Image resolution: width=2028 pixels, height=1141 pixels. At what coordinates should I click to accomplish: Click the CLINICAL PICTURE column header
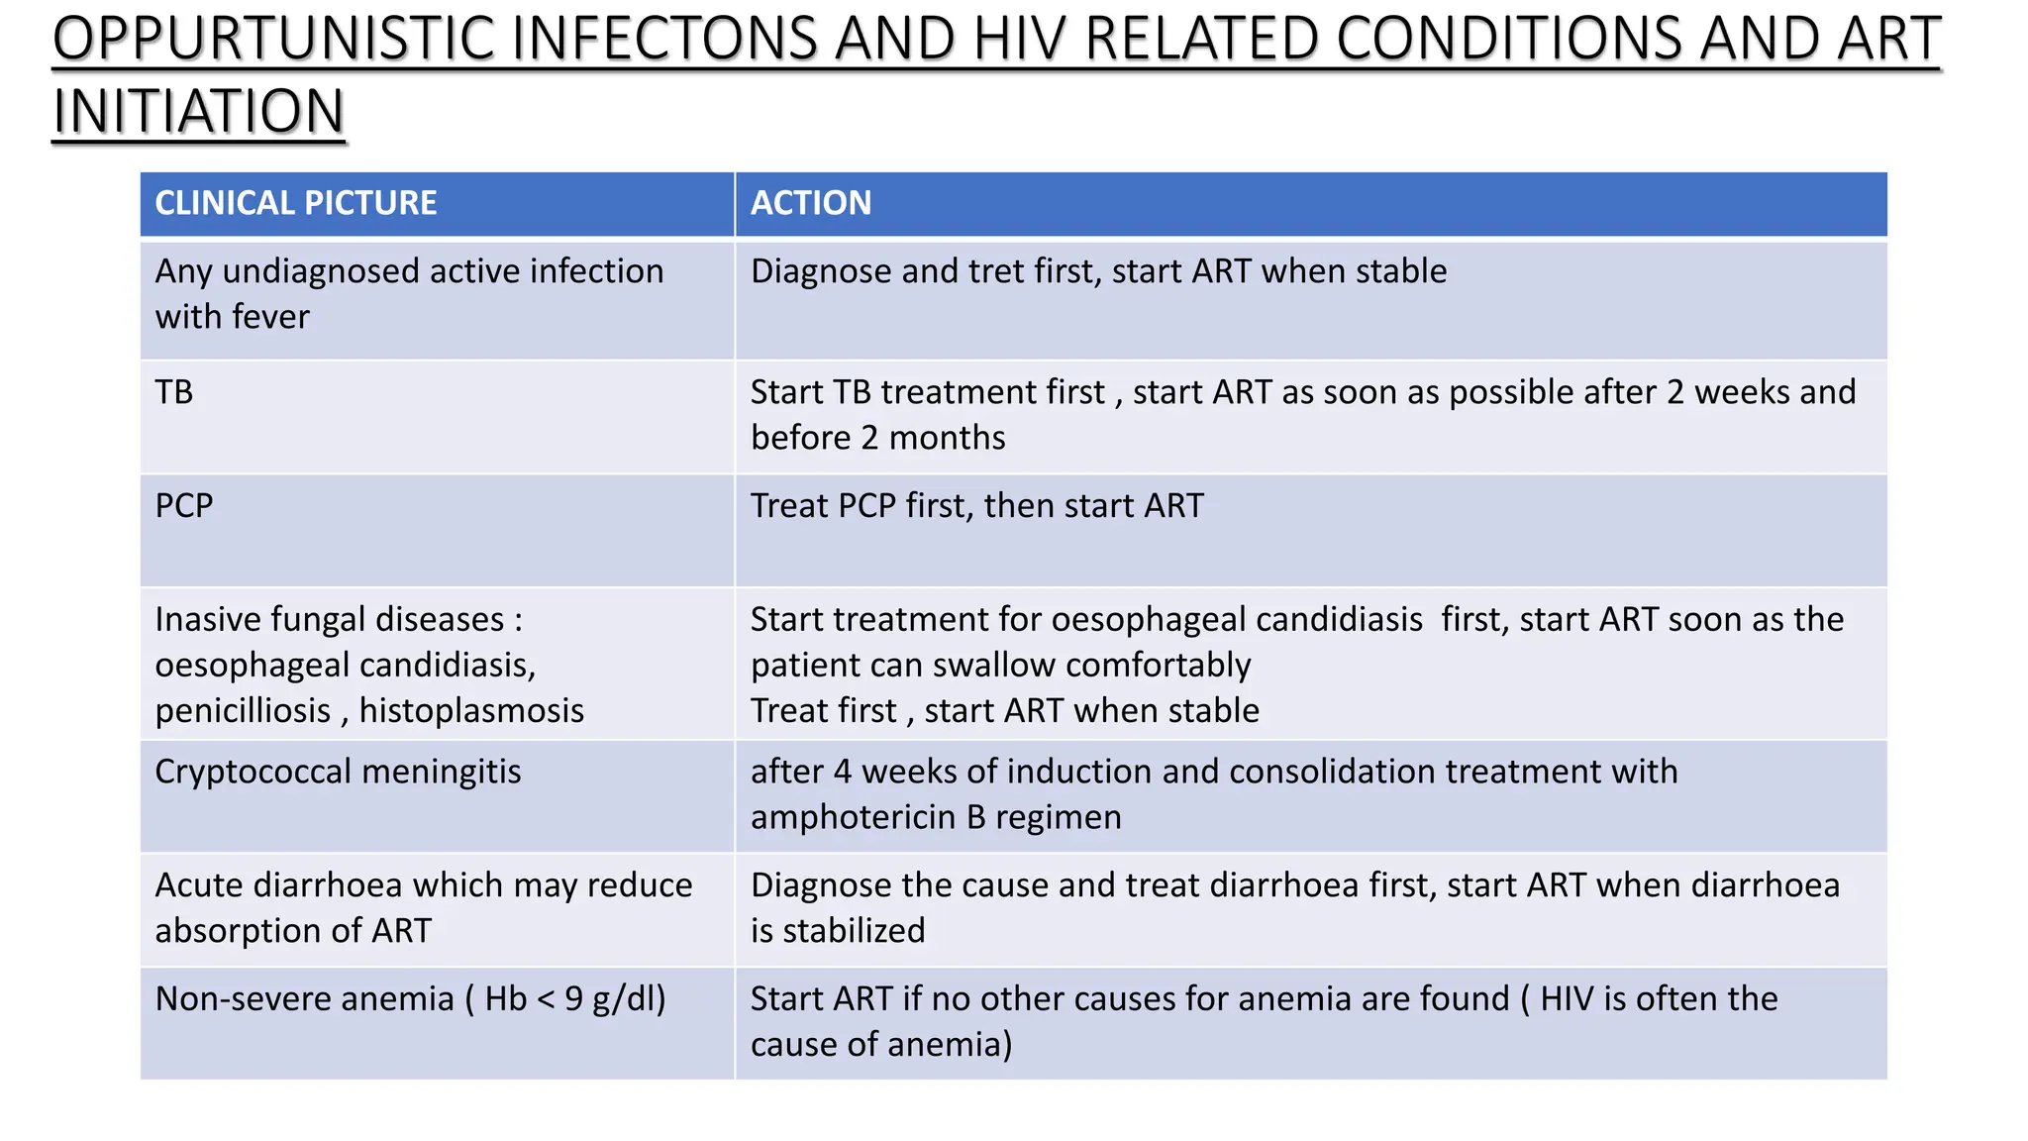(295, 203)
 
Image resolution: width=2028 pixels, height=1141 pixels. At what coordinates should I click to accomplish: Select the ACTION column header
(810, 203)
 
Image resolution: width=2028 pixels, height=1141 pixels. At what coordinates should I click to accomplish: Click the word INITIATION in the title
(198, 111)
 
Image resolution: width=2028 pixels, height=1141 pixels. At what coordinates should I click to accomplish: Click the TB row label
(174, 392)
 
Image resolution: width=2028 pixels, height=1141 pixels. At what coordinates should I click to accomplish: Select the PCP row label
(184, 506)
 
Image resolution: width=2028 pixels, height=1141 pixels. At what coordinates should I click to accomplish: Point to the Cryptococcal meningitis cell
(338, 772)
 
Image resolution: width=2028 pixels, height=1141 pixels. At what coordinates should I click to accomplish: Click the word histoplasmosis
(471, 711)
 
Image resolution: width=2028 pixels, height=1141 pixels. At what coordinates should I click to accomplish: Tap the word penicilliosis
(243, 711)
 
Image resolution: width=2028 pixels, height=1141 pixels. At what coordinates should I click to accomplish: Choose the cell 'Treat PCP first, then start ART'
(976, 506)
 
